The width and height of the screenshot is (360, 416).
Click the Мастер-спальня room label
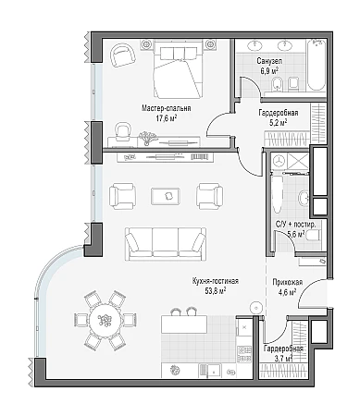point(167,108)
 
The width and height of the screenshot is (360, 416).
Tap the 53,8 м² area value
point(216,290)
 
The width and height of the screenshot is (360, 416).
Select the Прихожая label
point(287,282)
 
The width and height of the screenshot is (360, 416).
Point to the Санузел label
point(269,61)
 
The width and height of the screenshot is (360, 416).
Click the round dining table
point(106,320)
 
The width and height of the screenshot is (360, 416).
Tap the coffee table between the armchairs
point(166,196)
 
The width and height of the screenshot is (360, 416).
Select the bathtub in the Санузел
point(316,66)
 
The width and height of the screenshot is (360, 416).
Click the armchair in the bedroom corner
point(123,55)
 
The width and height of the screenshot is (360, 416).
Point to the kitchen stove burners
point(244,353)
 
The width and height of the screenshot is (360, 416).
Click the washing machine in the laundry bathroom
point(279,161)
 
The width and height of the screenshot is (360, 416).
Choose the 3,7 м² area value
point(282,359)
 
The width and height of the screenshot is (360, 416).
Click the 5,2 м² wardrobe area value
point(278,122)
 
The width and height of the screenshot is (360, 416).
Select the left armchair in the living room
point(122,196)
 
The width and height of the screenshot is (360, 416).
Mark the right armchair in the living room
point(210,196)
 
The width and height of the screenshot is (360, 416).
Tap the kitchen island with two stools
point(184,324)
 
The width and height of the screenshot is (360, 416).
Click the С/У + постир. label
point(295,225)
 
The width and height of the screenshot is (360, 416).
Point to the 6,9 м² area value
point(269,70)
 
